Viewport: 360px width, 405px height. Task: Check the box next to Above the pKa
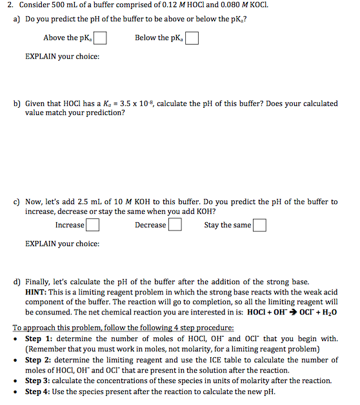click(x=101, y=38)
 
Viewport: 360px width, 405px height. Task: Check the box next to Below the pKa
click(x=192, y=38)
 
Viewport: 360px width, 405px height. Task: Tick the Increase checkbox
click(x=93, y=225)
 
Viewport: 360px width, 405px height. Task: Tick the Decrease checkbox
click(x=174, y=225)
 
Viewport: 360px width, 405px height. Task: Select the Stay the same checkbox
click(x=259, y=225)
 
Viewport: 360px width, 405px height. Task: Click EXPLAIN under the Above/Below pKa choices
click(x=41, y=57)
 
